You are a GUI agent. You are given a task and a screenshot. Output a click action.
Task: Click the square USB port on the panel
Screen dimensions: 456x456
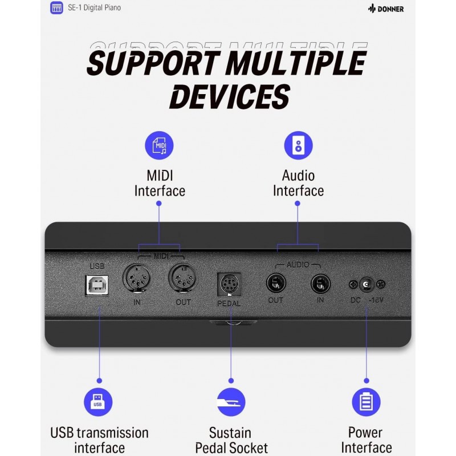97,286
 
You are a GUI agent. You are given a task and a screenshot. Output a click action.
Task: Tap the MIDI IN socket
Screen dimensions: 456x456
137,278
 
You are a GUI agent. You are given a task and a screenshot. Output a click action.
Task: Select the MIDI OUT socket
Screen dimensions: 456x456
182,278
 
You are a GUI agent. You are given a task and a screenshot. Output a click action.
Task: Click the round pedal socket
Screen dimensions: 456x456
230,284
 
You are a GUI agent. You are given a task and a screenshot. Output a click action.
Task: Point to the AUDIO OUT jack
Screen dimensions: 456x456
276,283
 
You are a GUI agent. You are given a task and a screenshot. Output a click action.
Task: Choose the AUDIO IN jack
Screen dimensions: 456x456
320,284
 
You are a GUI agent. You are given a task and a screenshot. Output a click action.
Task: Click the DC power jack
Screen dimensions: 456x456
367,284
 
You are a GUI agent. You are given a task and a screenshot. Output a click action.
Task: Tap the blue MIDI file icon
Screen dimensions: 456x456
159,145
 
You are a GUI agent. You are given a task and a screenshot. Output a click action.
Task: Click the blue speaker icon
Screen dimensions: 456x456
298,145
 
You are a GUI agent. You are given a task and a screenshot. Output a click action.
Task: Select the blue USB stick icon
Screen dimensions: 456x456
98,402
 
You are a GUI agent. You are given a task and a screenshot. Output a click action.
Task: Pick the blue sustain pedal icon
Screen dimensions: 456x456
231,402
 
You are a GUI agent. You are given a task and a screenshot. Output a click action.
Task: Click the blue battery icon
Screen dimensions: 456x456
366,402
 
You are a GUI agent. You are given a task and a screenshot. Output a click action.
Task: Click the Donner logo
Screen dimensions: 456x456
386,9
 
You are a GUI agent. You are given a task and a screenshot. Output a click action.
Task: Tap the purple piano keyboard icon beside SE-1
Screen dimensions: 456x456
56,7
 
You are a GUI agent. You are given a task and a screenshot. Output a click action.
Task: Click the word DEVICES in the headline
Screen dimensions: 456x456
230,96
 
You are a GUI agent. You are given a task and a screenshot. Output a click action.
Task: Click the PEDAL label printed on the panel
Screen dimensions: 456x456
229,303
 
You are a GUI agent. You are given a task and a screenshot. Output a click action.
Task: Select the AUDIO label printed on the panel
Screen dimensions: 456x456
298,264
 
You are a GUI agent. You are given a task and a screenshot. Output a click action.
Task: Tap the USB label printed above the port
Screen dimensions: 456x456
97,266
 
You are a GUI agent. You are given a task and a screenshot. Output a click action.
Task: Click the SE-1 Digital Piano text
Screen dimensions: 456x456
94,7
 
